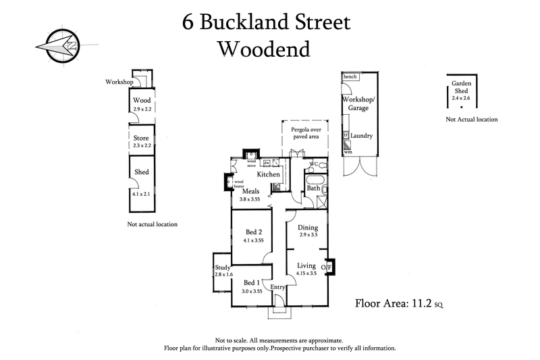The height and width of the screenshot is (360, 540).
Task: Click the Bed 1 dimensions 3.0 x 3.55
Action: tap(252, 291)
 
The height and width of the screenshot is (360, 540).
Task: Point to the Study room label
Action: tap(223, 266)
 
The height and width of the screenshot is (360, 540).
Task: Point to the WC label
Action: tap(313, 164)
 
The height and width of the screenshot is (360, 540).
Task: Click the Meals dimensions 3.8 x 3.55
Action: tap(250, 199)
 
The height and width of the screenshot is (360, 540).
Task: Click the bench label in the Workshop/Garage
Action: tap(350, 77)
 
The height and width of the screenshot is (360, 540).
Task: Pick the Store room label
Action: tap(142, 138)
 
